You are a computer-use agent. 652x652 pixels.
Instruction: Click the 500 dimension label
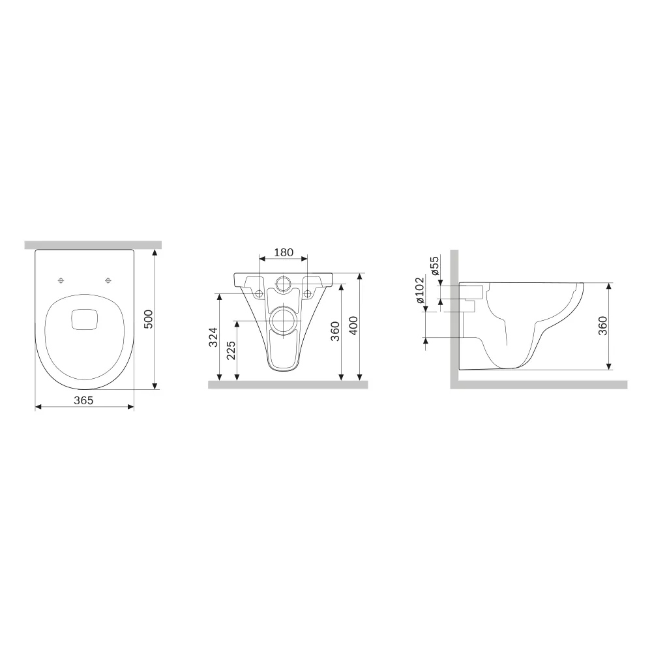[x=149, y=319]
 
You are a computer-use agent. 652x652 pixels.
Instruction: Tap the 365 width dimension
[x=83, y=400]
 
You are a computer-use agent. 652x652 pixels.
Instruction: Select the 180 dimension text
[x=284, y=252]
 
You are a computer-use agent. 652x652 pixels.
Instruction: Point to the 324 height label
[x=213, y=337]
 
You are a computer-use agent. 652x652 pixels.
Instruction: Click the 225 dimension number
[x=231, y=350]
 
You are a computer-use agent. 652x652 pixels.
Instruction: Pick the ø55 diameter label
[x=434, y=266]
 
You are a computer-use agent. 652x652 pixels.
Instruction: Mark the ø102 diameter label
[x=419, y=290]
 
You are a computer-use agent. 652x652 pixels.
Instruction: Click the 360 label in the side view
[x=602, y=325]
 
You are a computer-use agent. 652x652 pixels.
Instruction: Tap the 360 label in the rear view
[x=335, y=331]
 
